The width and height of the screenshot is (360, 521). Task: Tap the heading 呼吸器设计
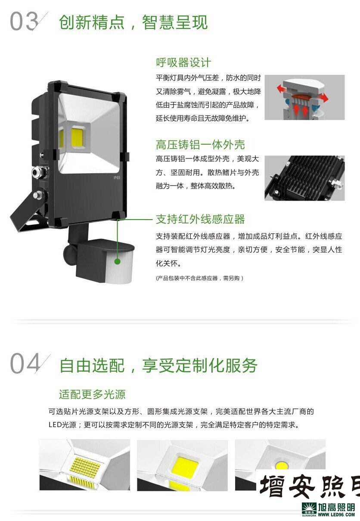183,62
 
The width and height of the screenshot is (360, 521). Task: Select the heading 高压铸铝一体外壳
200,145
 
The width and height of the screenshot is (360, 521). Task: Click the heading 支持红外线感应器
200,219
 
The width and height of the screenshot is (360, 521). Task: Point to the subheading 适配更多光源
92,394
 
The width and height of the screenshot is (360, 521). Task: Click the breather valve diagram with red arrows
304,97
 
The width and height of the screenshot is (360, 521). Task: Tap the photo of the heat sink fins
304,177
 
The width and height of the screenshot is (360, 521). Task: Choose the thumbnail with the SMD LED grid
84,465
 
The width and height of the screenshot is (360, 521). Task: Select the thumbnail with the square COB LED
182,465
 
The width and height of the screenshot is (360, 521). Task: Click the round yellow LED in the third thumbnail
282,465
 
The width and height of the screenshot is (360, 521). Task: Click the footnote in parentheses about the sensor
199,278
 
